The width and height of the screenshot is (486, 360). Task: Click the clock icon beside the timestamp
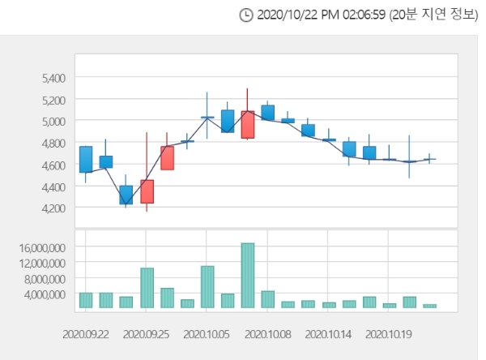[246, 15]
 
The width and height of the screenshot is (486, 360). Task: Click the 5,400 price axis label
[53, 78]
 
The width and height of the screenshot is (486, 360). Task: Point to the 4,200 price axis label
[53, 208]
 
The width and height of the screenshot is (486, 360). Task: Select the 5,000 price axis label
[53, 121]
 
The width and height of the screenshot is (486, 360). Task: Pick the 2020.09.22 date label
[86, 333]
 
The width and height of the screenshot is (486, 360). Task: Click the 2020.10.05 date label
[207, 333]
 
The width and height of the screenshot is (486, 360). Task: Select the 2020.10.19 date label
[389, 333]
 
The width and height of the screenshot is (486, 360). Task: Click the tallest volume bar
[248, 276]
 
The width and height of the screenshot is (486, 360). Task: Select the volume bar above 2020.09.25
[147, 288]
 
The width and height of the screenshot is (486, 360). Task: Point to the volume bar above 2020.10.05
[207, 287]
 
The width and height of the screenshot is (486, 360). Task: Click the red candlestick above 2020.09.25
[147, 191]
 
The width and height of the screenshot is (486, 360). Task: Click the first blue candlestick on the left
[86, 159]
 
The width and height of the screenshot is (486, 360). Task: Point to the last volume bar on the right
[430, 306]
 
